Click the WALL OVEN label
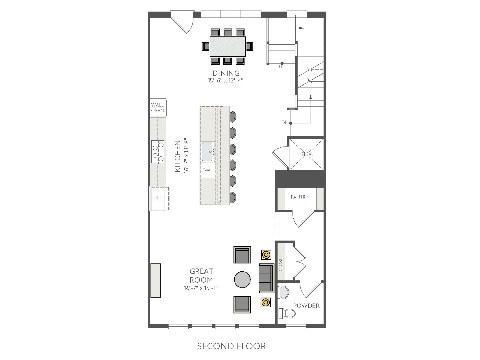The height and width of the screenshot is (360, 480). pyautogui.click(x=157, y=108)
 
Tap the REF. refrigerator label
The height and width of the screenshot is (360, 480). pyautogui.click(x=159, y=198)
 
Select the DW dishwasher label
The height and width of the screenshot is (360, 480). pyautogui.click(x=206, y=171)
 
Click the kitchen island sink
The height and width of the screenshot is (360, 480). pyautogui.click(x=208, y=152)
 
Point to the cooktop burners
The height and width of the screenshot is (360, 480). pyautogui.click(x=158, y=152)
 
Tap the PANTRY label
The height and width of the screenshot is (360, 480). pyautogui.click(x=300, y=197)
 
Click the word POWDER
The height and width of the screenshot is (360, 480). pyautogui.click(x=306, y=306)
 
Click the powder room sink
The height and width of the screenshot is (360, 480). pyautogui.click(x=283, y=293)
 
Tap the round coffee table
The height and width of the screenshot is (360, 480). pyautogui.click(x=242, y=280)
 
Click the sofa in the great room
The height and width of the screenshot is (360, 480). pyautogui.click(x=267, y=278)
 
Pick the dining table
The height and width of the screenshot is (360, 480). pyautogui.click(x=228, y=46)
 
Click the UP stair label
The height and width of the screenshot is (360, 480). pyautogui.click(x=282, y=67)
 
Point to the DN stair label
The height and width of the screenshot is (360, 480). pyautogui.click(x=285, y=123)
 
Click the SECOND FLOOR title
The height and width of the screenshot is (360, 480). pyautogui.click(x=232, y=346)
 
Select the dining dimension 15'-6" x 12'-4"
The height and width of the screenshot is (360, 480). pyautogui.click(x=226, y=80)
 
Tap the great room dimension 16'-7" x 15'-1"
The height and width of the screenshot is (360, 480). pyautogui.click(x=201, y=288)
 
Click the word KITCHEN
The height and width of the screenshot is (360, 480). pyautogui.click(x=177, y=156)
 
